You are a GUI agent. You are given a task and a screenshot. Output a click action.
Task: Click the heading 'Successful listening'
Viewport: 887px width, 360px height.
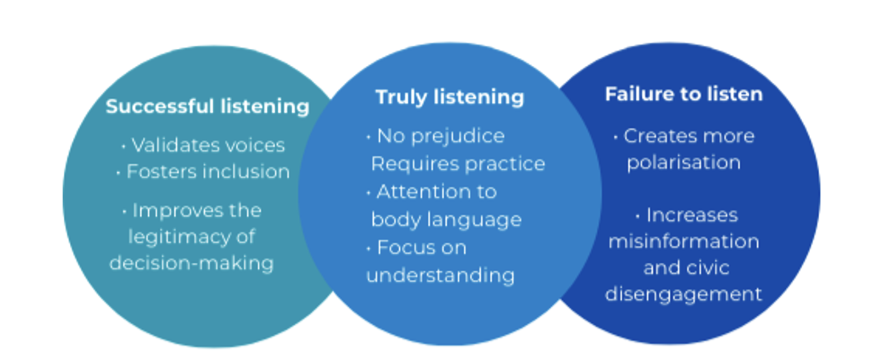point(207,106)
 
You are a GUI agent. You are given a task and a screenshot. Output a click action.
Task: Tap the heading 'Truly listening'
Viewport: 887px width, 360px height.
point(449,97)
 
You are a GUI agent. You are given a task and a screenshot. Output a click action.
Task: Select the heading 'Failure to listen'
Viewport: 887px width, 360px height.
point(684,95)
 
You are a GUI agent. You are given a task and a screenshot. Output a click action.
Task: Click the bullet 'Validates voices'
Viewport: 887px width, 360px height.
point(208,145)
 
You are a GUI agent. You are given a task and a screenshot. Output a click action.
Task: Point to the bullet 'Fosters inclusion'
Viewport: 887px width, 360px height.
point(207,172)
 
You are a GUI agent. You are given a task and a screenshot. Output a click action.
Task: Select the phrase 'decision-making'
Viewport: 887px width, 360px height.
point(191,263)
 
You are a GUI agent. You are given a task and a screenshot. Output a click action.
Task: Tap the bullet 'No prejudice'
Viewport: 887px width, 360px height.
point(440,136)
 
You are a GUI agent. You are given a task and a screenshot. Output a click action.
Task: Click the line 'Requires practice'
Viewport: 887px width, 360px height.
point(458,163)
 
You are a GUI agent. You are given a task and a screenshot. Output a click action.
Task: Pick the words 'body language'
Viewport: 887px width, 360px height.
point(446,219)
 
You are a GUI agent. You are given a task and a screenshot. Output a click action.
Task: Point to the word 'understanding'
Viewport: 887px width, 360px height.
point(440,275)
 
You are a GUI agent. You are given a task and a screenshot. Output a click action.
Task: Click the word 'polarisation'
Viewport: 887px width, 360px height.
point(684,162)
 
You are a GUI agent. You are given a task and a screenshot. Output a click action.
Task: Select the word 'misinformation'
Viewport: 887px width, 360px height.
point(684,241)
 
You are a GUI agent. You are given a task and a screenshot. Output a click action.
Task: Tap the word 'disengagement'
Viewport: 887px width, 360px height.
point(684,294)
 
